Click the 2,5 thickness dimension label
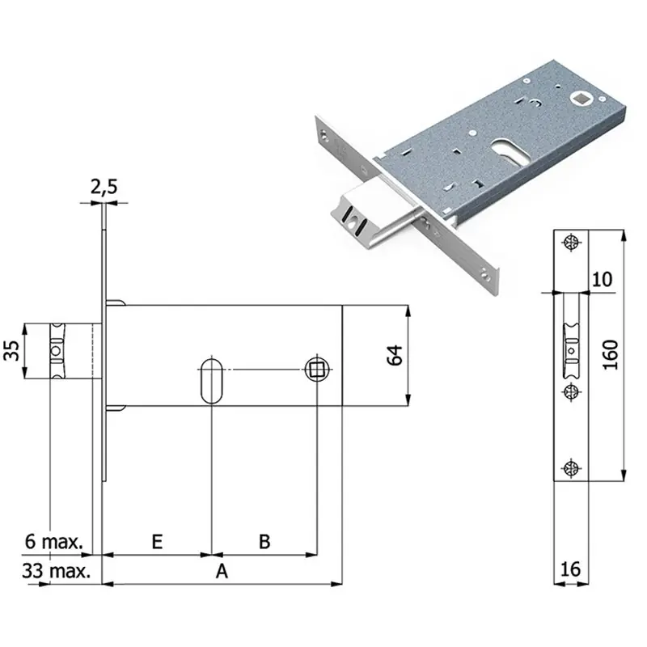point(104,187)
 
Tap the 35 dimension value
point(12,351)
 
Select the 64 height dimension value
point(395,355)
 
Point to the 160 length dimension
point(611,355)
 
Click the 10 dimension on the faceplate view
point(602,280)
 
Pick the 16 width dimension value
point(571,570)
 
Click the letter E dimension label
point(157,542)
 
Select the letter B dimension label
point(264,542)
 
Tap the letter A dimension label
point(222,572)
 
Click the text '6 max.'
point(53,541)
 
